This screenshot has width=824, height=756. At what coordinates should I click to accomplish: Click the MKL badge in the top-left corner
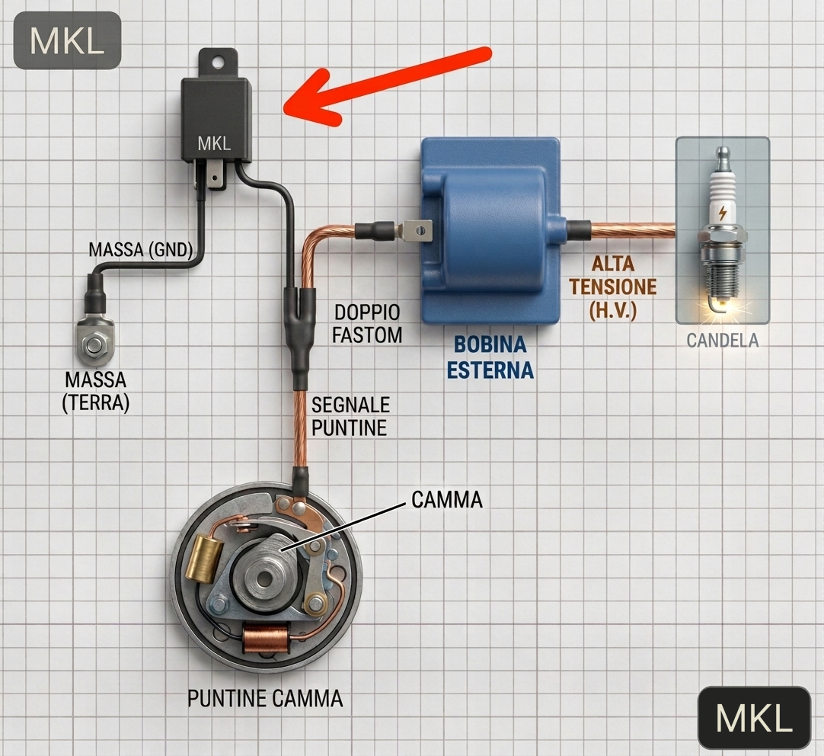pos(67,40)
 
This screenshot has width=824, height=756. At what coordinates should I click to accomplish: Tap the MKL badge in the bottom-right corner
pos(754,718)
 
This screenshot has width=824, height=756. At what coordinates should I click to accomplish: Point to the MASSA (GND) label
pos(140,249)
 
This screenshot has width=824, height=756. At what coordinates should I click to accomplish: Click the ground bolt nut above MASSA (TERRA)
pos(95,345)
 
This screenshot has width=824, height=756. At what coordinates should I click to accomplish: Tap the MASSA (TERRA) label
pos(95,391)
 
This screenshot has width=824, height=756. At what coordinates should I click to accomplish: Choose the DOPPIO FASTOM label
pos(367,324)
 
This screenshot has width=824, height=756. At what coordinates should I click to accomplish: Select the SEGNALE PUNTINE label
pos(350,416)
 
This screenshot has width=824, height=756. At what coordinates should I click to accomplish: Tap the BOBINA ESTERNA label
pos(490,357)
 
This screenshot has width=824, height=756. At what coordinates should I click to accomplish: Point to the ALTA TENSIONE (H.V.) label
pos(613,287)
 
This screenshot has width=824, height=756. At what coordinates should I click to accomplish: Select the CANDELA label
pos(723,341)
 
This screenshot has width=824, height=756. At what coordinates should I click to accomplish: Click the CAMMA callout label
pos(447,500)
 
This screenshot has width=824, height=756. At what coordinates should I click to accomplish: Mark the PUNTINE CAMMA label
pos(265,699)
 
